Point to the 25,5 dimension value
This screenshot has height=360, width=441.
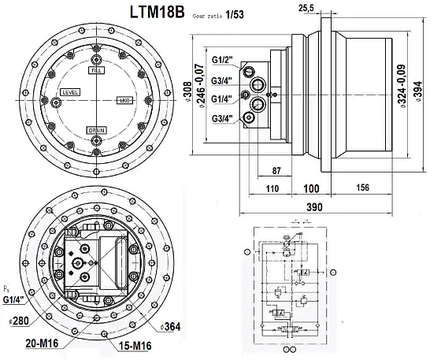coord(308,8)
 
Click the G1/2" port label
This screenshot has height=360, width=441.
coord(224,60)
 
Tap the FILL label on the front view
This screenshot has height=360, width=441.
coord(98,71)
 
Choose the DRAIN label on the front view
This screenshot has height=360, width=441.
coord(98,130)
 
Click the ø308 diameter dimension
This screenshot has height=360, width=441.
coord(188,87)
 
